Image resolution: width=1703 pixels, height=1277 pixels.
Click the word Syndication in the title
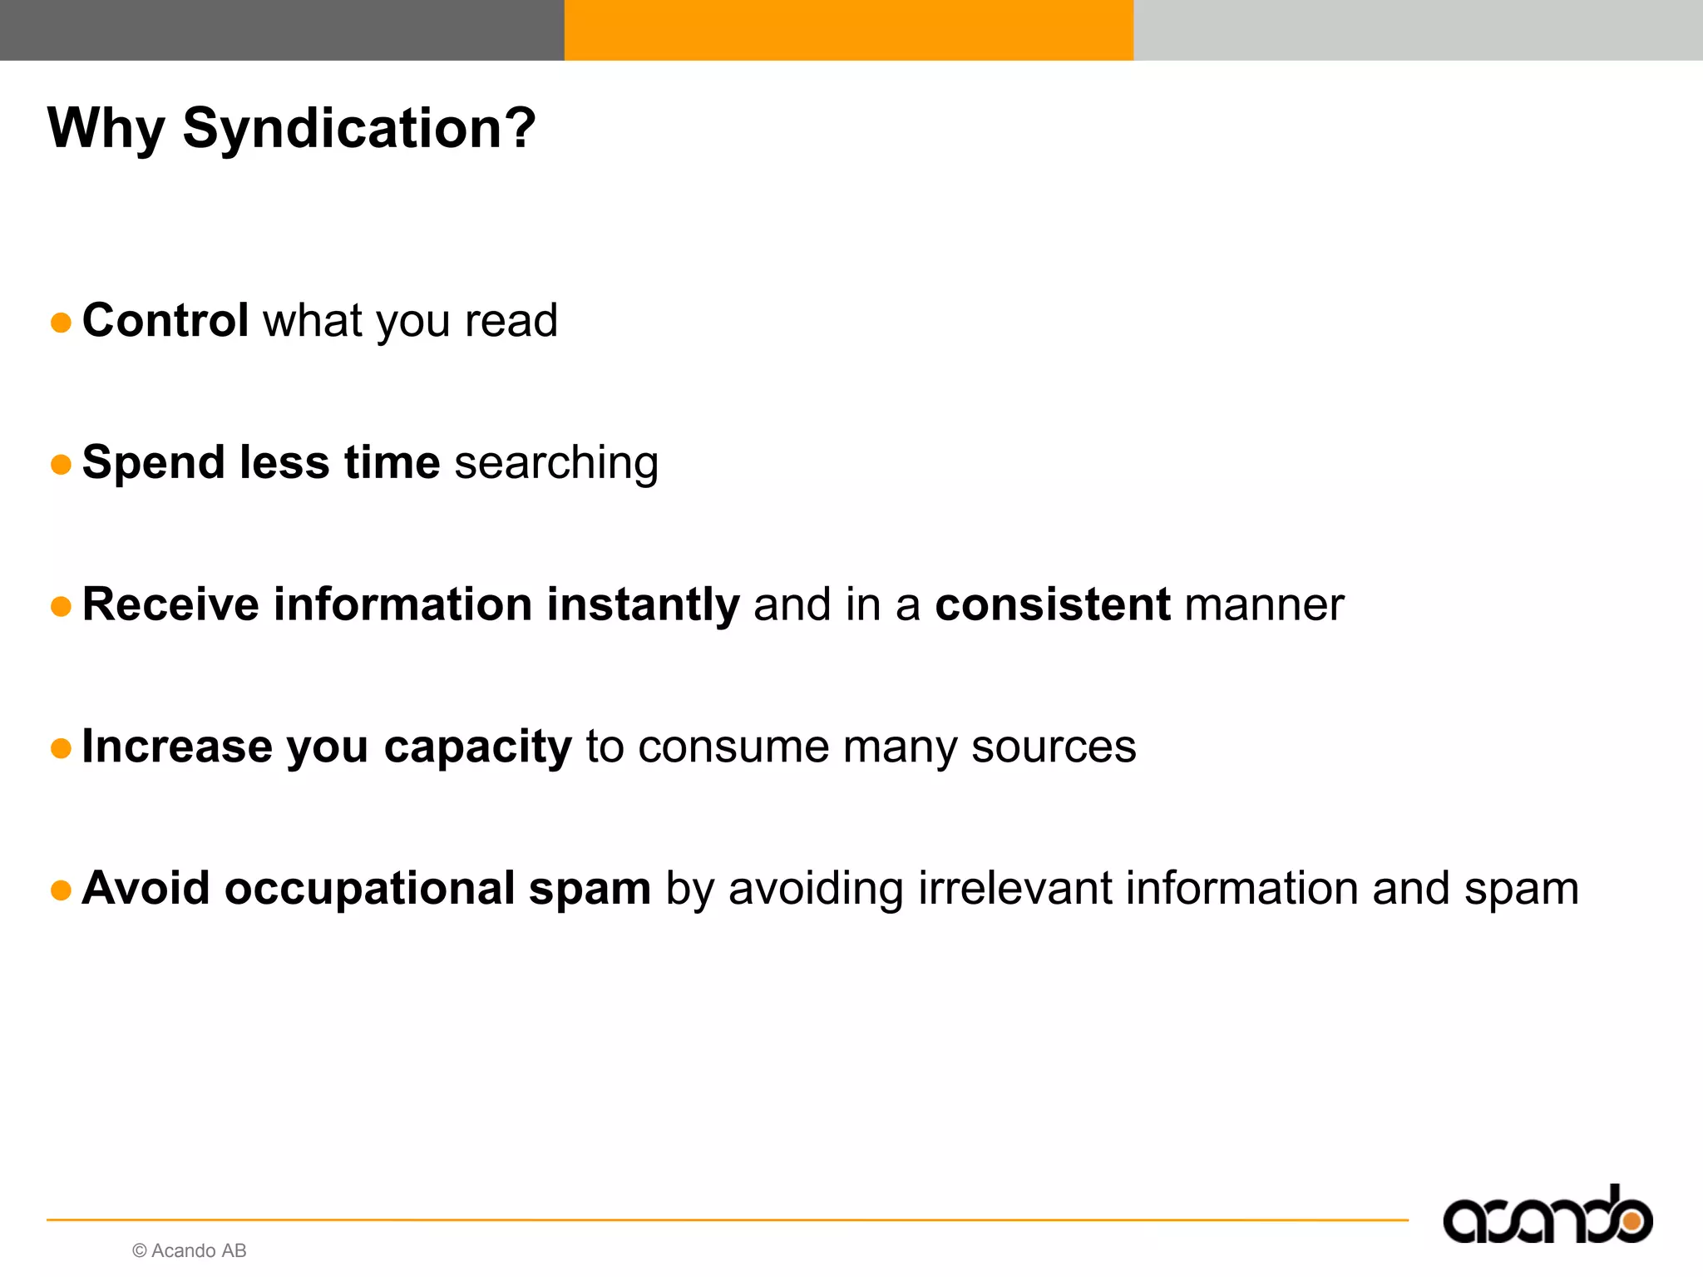click(x=358, y=129)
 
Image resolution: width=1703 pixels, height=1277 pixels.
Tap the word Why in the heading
click(x=106, y=129)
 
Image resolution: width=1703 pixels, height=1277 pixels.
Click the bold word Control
click(x=165, y=320)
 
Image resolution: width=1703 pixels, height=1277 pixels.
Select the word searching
click(x=556, y=463)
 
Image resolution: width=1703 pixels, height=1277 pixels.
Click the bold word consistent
click(x=1053, y=604)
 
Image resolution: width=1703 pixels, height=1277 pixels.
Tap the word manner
click(x=1264, y=604)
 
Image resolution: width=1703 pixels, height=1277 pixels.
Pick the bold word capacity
click(x=477, y=747)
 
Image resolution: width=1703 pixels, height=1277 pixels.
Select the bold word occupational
click(x=370, y=888)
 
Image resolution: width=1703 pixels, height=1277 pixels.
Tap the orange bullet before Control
click(x=61, y=323)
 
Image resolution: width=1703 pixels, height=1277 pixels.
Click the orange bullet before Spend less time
click(x=61, y=465)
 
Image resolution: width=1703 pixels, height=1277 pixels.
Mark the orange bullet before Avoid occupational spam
click(x=61, y=890)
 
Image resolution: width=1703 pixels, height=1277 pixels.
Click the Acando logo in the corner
click(x=1547, y=1215)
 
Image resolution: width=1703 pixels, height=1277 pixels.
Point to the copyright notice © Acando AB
click(x=190, y=1250)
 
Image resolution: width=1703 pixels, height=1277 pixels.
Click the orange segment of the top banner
click(x=848, y=30)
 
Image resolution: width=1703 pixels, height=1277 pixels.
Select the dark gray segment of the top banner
click(x=282, y=30)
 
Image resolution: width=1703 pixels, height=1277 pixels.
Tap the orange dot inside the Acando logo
click(x=1632, y=1220)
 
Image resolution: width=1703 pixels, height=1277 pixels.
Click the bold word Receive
click(x=170, y=604)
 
